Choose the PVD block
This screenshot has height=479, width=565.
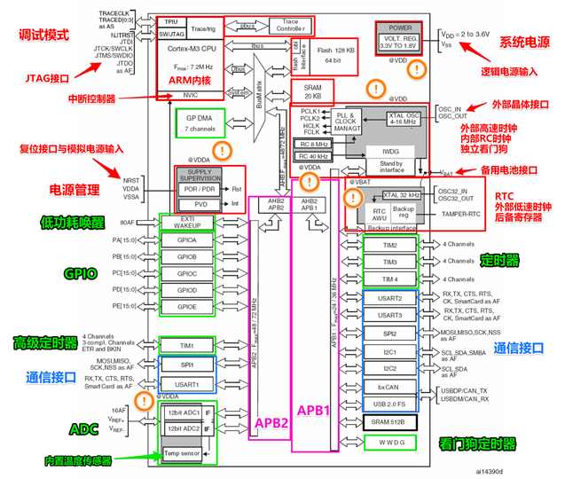[187, 204]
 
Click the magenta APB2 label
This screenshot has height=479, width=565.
[270, 422]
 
